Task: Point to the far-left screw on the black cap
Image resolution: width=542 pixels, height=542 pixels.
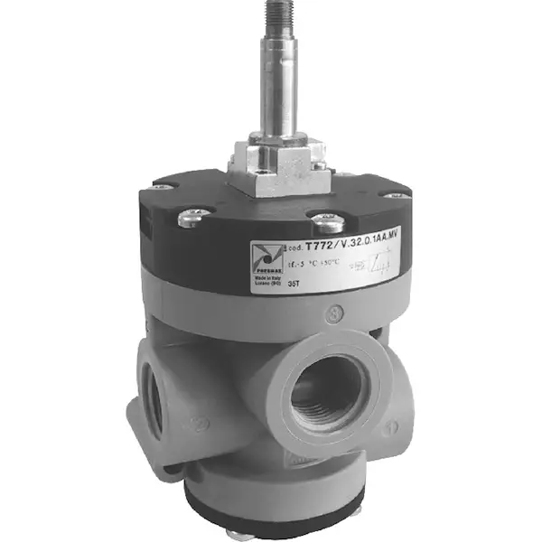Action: coord(163,187)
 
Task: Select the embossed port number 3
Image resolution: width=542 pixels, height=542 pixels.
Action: coord(336,315)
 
